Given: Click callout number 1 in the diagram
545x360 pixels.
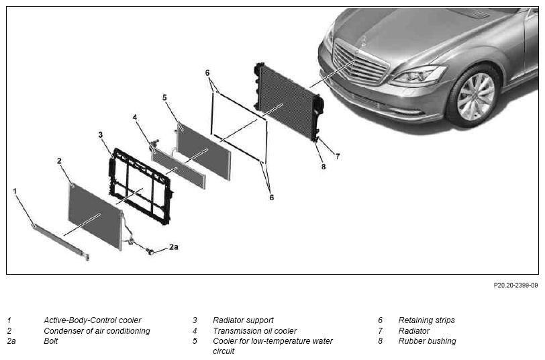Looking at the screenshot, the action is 15,191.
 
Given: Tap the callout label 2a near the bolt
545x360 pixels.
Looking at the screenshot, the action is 174,247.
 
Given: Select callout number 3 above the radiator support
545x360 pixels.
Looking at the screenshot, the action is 101,134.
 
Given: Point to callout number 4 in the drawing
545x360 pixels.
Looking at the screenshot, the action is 135,118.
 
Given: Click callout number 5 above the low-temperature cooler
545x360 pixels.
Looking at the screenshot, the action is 164,97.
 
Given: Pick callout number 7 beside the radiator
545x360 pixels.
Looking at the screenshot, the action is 337,156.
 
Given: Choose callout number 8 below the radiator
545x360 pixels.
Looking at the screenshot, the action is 324,167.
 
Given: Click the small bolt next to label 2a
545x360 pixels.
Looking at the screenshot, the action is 151,251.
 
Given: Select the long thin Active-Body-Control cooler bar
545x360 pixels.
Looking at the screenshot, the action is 61,242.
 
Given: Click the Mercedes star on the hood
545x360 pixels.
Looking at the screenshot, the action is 363,41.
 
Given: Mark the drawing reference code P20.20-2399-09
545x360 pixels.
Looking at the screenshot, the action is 515,285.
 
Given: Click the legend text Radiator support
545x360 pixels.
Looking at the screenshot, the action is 243,320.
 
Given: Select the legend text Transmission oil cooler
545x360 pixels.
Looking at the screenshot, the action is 255,330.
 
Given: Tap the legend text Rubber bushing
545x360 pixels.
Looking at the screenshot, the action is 427,341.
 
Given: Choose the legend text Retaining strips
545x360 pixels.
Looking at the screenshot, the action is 426,320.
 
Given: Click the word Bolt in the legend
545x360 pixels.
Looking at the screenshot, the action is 51,341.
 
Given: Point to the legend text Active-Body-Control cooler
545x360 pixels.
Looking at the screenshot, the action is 93,320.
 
